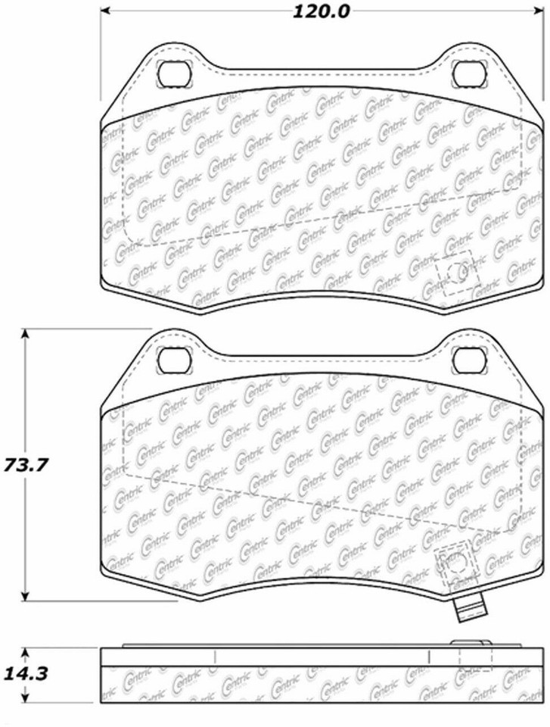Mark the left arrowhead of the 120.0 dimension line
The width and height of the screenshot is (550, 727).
[x=105, y=11]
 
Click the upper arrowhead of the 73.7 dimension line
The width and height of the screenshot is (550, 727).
[x=25, y=334]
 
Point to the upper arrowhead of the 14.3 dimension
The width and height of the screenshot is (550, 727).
[x=25, y=652]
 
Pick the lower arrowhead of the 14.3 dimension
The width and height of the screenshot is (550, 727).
[x=25, y=697]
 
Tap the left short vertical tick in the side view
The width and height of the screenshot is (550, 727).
[x=214, y=657]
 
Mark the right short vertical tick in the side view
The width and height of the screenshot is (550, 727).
[x=429, y=657]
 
